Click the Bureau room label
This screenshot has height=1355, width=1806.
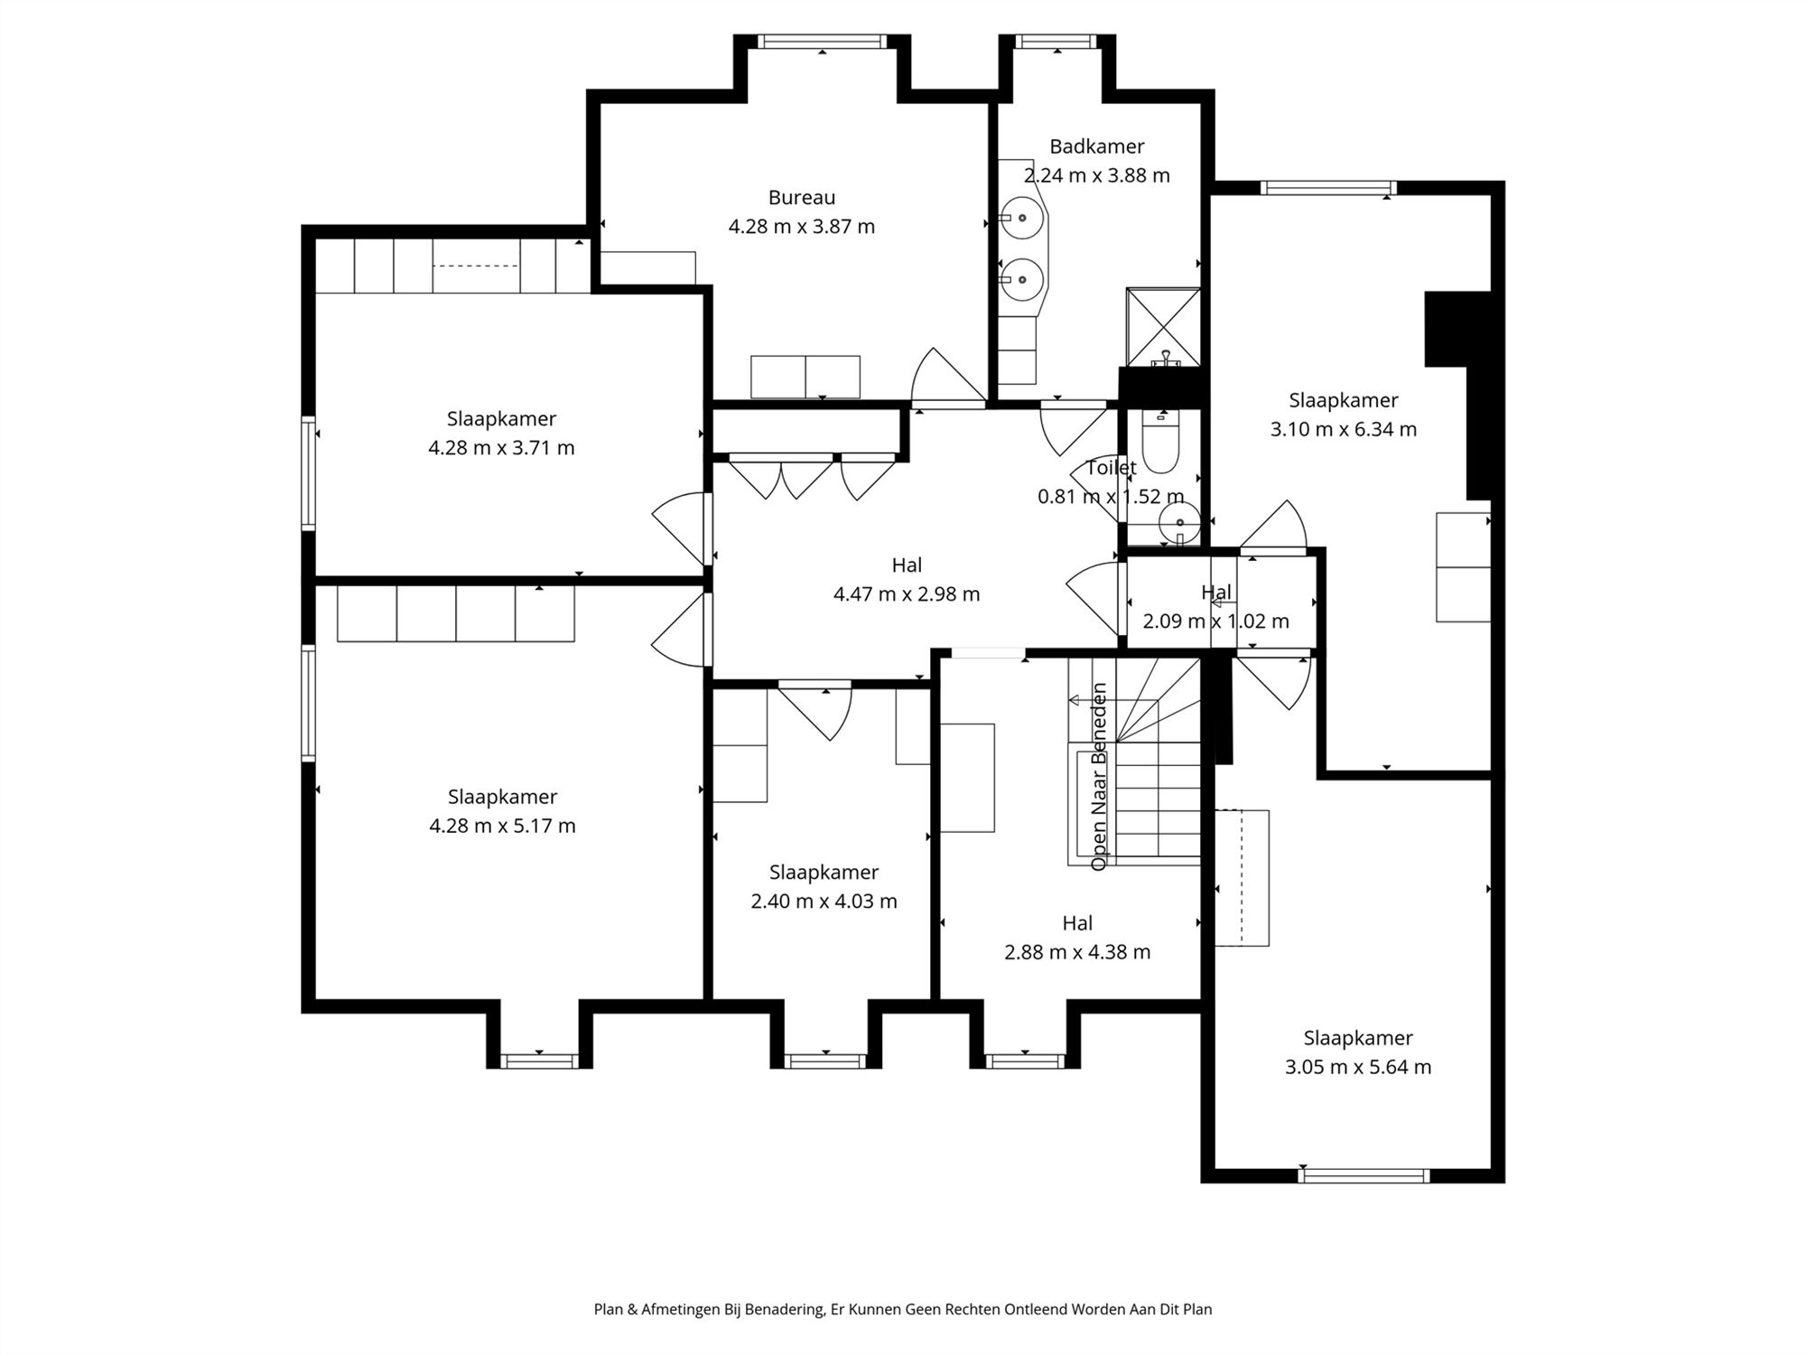801,197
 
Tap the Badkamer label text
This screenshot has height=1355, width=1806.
1096,146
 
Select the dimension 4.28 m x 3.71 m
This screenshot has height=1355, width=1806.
501,447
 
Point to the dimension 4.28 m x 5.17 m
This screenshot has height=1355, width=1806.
502,825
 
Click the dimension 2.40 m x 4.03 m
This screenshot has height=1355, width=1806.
824,901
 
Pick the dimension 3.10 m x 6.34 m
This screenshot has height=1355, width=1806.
1343,429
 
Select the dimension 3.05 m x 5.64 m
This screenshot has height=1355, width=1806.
1357,1067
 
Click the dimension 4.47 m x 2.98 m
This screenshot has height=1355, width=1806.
906,593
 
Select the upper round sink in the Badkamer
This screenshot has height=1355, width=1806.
1023,218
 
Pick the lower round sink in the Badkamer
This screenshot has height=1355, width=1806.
1023,279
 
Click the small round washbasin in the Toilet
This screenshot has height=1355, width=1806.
1179,522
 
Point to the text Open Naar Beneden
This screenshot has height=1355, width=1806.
1099,776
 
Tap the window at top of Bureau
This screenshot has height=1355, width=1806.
821,42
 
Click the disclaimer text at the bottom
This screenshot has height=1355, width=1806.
902,1309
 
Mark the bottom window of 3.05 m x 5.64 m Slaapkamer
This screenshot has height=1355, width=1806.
1364,1175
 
